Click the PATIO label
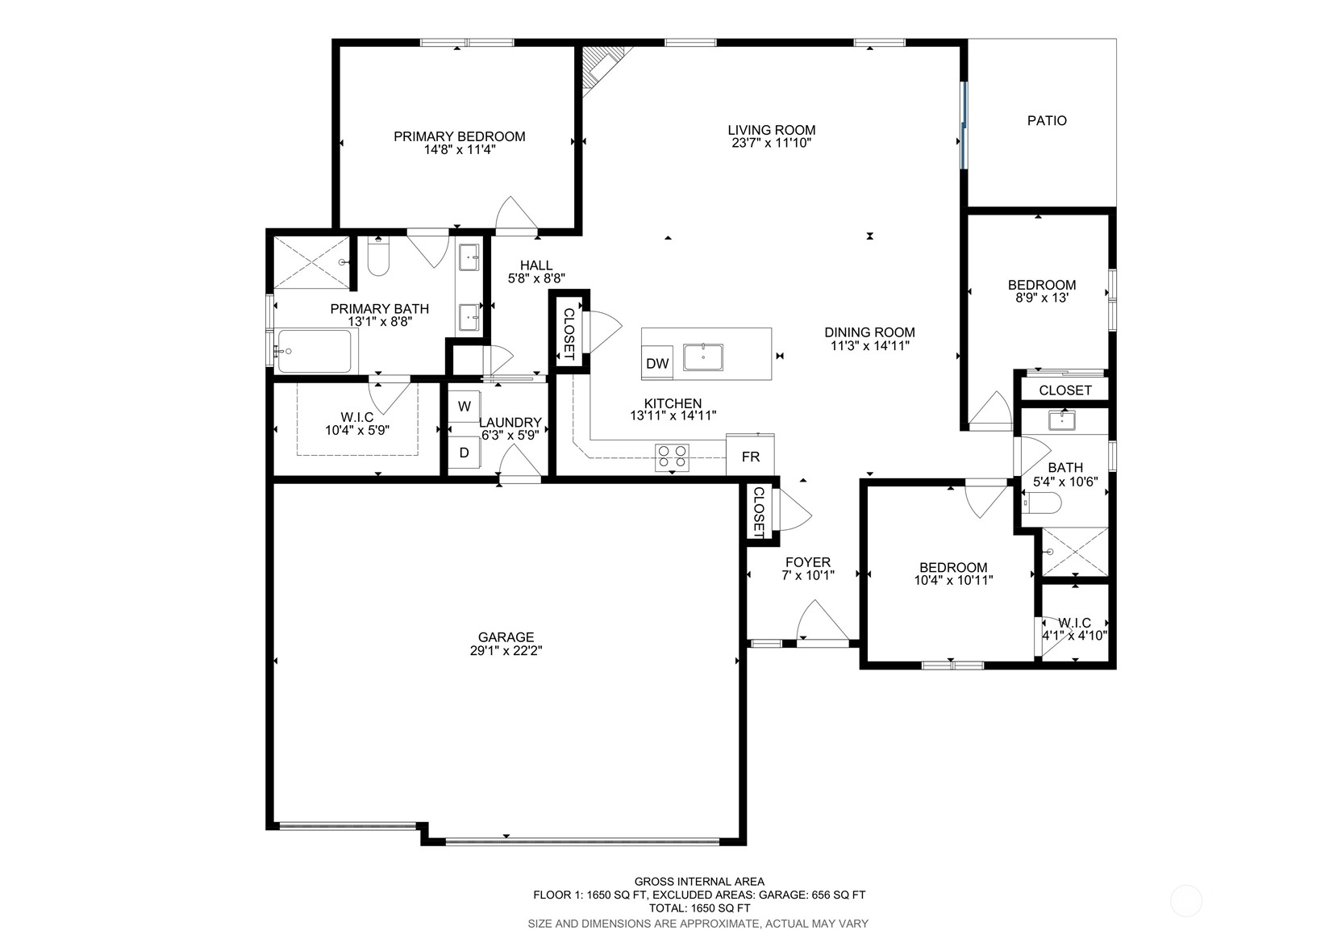tap(1047, 120)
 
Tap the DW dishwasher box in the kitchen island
tap(657, 363)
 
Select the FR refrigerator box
tap(751, 455)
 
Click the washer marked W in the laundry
tap(464, 406)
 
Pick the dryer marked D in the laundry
tap(464, 453)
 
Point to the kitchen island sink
tap(703, 357)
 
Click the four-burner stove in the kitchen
tap(673, 457)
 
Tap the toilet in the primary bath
tap(378, 257)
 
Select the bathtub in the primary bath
tap(315, 351)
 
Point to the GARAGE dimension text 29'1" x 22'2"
tap(506, 650)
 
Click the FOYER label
tap(808, 562)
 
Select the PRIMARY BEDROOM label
tap(459, 136)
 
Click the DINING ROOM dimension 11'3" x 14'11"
tap(870, 345)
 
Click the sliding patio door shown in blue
tap(964, 125)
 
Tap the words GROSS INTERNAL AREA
tap(699, 882)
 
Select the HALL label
tap(536, 265)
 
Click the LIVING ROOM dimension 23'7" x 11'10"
tap(771, 143)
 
